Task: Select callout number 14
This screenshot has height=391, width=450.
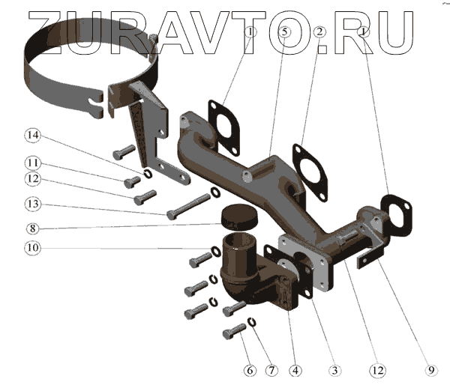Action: pos(31,136)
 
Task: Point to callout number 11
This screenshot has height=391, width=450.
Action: pos(31,162)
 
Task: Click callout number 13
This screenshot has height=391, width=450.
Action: pos(31,203)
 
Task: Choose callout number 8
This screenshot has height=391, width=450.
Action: pos(31,228)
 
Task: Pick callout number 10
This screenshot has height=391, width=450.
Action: pos(31,247)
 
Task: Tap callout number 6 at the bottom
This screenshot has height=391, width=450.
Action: pos(249,369)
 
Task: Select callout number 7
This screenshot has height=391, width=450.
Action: pos(271,369)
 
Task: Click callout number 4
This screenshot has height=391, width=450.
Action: pos(297,369)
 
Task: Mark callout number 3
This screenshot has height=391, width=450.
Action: pos(335,369)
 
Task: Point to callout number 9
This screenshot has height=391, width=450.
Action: pos(430,369)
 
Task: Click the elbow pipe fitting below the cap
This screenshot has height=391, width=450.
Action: pos(247,277)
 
